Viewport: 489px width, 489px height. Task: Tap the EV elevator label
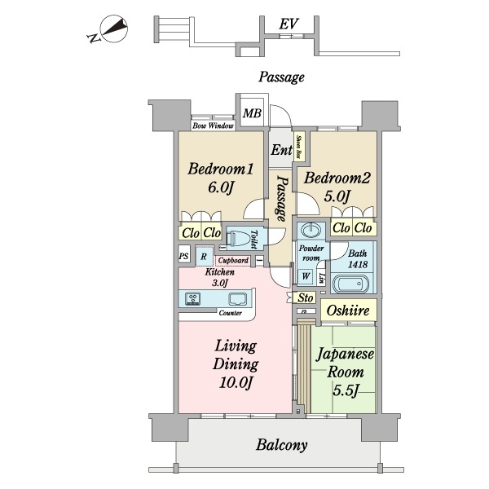pos(287,24)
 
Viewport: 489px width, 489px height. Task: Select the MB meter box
pos(252,113)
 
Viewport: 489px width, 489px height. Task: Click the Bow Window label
pos(213,126)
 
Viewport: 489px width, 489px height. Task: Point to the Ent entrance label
pos(281,150)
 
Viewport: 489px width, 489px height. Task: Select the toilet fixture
pos(237,239)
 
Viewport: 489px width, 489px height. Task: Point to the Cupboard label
pos(233,261)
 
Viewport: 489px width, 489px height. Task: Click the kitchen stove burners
pos(194,298)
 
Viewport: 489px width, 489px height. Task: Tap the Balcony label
pos(282,445)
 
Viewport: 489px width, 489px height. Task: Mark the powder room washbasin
pos(311,229)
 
